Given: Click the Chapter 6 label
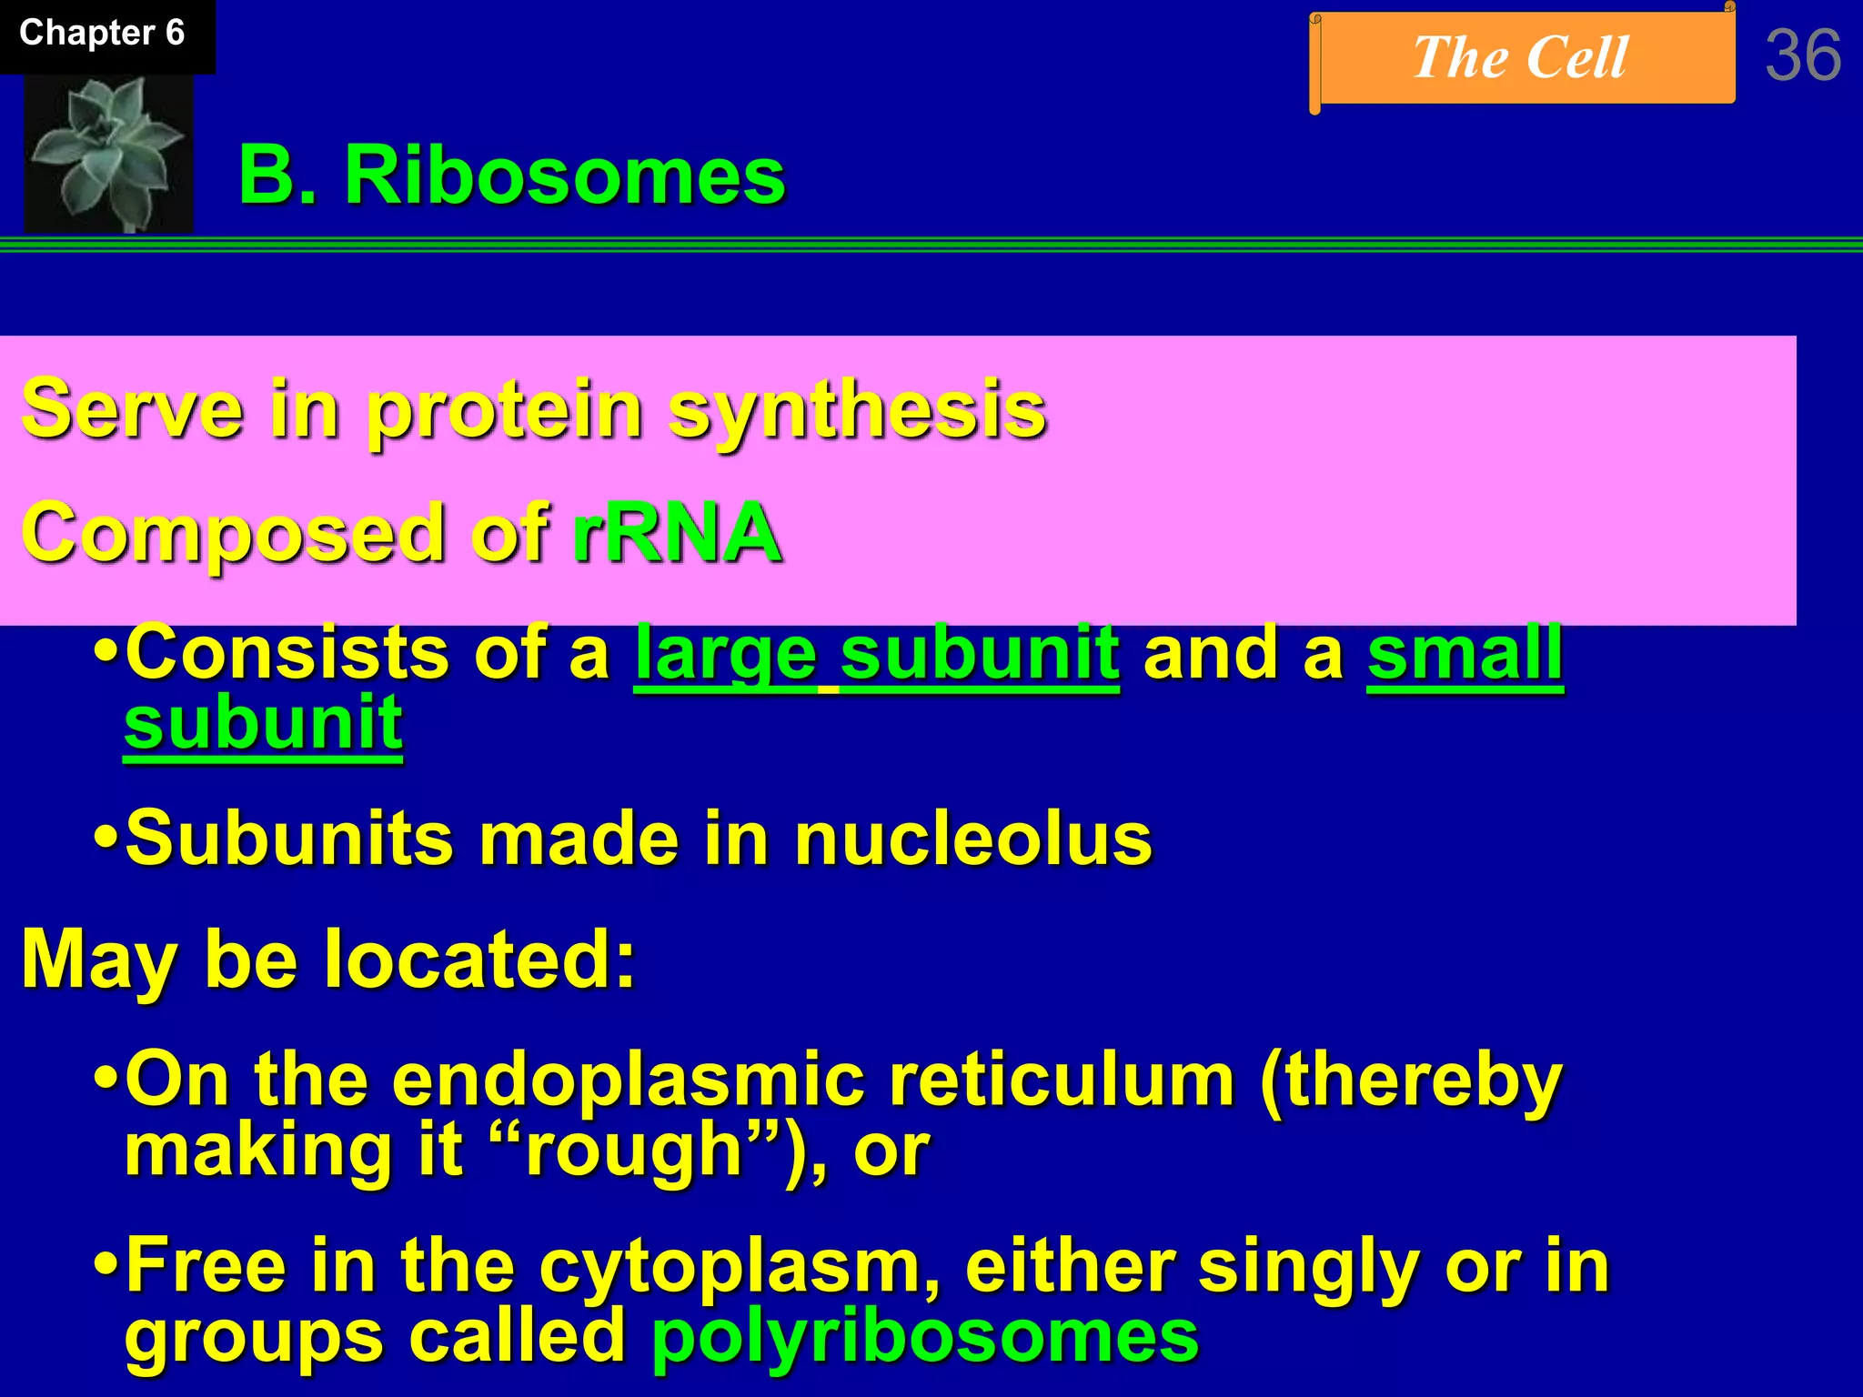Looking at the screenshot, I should coord(102,34).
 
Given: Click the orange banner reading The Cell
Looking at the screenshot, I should coord(1520,58).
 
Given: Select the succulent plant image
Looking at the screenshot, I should coord(108,153).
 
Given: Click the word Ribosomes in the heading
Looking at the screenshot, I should coord(564,176).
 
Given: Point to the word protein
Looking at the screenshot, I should coord(504,409).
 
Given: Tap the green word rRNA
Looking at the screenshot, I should coord(676,533).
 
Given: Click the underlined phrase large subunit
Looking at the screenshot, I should coord(876,654).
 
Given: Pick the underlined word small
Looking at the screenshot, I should coord(1465,654).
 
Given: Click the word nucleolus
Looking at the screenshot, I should coord(972,839).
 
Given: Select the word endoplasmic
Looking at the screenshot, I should coord(628,1080).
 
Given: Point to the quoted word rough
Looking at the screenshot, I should coord(635,1151).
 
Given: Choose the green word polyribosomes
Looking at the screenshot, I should coord(924,1337).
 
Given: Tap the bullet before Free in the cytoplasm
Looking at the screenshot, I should coord(106,1265).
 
